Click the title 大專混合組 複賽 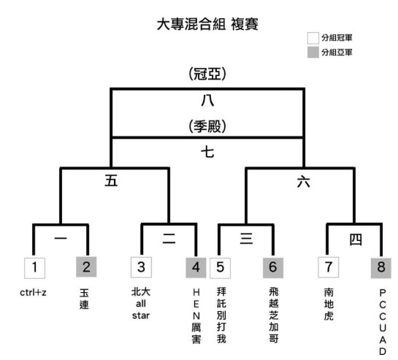pos(207,24)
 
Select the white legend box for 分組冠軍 pos(313,38)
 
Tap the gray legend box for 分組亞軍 pos(313,53)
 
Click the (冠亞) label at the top pos(207,74)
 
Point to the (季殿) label pos(207,126)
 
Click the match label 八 pos(207,101)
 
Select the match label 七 pos(207,153)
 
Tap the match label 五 pos(111,181)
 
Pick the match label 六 pos(304,182)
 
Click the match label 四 pos(356,240)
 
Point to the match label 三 pos(246,239)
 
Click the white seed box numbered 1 pos(35,268)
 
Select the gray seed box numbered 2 pos(86,267)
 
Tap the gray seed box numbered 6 pos(273,267)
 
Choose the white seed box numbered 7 pos(328,267)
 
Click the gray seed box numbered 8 pos(381,267)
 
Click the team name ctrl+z pos(33,293)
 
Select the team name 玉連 pos(84,299)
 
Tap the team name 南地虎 pos(329,304)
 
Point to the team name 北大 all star pos(141,303)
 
